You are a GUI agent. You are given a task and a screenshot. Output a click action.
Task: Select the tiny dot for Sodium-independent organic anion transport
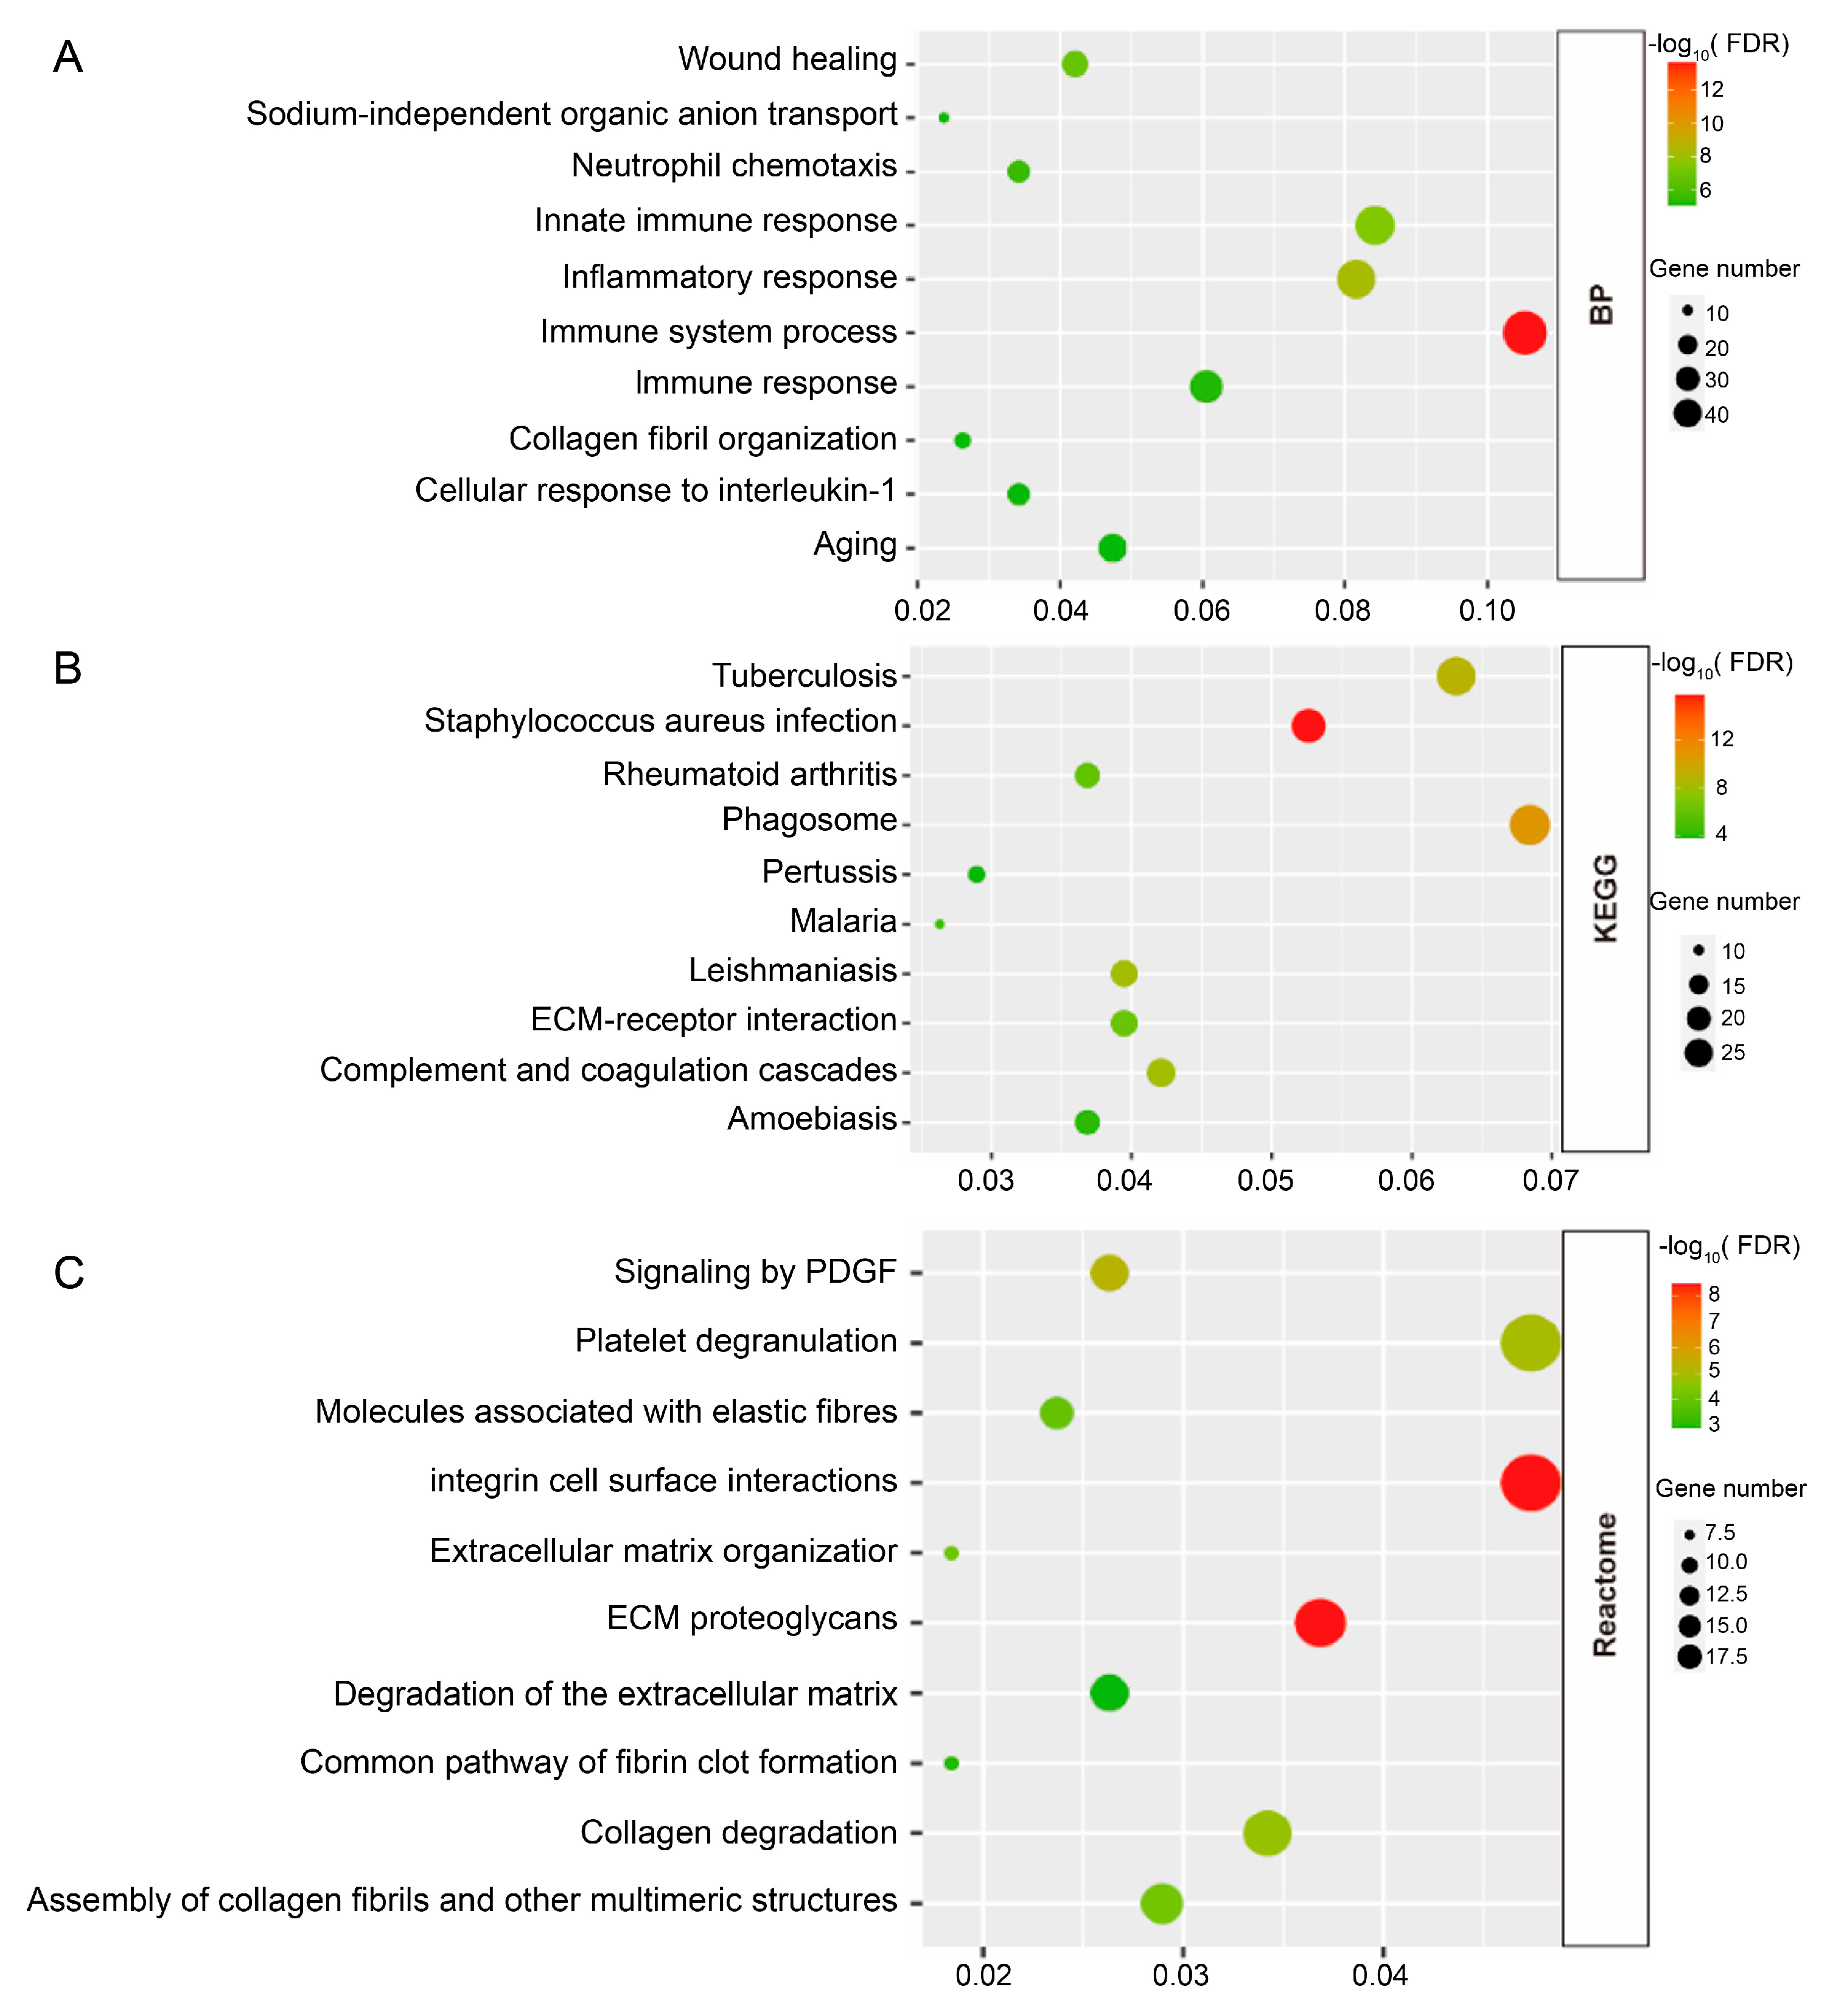coord(943,118)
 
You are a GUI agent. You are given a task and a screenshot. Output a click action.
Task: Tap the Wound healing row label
coord(787,60)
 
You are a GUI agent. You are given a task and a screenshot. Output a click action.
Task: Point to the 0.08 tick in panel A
coord(1343,610)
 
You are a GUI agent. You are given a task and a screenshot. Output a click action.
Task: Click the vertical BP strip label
coord(1601,304)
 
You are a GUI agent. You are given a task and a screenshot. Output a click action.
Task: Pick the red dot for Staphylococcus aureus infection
coord(1308,726)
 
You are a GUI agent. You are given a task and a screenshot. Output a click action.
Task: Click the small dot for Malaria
coord(940,924)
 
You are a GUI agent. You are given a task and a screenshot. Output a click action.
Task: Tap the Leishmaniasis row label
coord(793,970)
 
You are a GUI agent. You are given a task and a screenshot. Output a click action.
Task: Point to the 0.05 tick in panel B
coord(1266,1181)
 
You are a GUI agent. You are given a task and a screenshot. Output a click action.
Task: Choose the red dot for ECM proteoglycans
coord(1320,1622)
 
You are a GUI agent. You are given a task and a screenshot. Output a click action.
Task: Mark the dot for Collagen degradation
coord(1267,1833)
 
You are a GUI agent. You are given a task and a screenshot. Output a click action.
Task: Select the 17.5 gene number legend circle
coord(1689,1657)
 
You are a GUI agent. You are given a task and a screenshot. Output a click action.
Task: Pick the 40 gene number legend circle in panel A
coord(1687,413)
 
